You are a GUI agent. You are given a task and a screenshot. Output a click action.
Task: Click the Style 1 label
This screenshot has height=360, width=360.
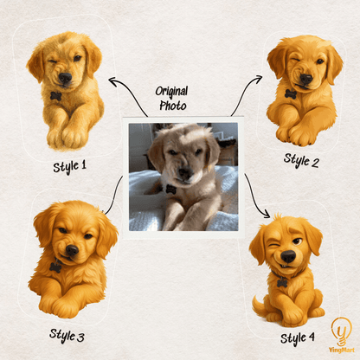[x=69, y=167]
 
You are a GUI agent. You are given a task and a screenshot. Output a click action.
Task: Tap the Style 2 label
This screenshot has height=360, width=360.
[x=301, y=161]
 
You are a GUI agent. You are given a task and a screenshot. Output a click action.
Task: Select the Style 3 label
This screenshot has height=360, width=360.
[x=67, y=336]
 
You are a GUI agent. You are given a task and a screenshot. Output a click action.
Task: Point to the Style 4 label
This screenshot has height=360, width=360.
[x=298, y=338]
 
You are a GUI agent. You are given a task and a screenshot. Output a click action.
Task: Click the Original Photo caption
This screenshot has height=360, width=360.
[x=172, y=99]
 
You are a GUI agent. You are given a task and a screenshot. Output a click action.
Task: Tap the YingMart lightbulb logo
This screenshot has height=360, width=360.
[x=342, y=335]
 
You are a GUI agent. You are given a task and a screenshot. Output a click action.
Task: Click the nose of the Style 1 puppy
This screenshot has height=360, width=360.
[x=65, y=78]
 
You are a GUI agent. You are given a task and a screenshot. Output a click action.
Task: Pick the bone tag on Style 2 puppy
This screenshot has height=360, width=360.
[x=291, y=93]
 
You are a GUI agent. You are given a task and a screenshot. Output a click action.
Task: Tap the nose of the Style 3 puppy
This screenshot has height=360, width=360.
[x=72, y=250]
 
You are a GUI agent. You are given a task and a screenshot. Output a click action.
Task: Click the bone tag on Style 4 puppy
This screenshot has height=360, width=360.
[x=282, y=283]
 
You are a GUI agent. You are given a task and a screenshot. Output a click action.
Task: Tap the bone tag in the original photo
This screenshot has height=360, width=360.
[x=170, y=190]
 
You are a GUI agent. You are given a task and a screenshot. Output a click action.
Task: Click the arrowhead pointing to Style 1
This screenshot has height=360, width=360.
[x=112, y=80]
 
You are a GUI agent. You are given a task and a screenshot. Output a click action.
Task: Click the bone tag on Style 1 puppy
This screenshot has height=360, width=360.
[x=55, y=96]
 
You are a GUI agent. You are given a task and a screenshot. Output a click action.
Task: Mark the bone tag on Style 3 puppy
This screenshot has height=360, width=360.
[x=55, y=267]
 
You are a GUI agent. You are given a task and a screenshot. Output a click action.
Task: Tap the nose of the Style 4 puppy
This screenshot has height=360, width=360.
[x=288, y=256]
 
